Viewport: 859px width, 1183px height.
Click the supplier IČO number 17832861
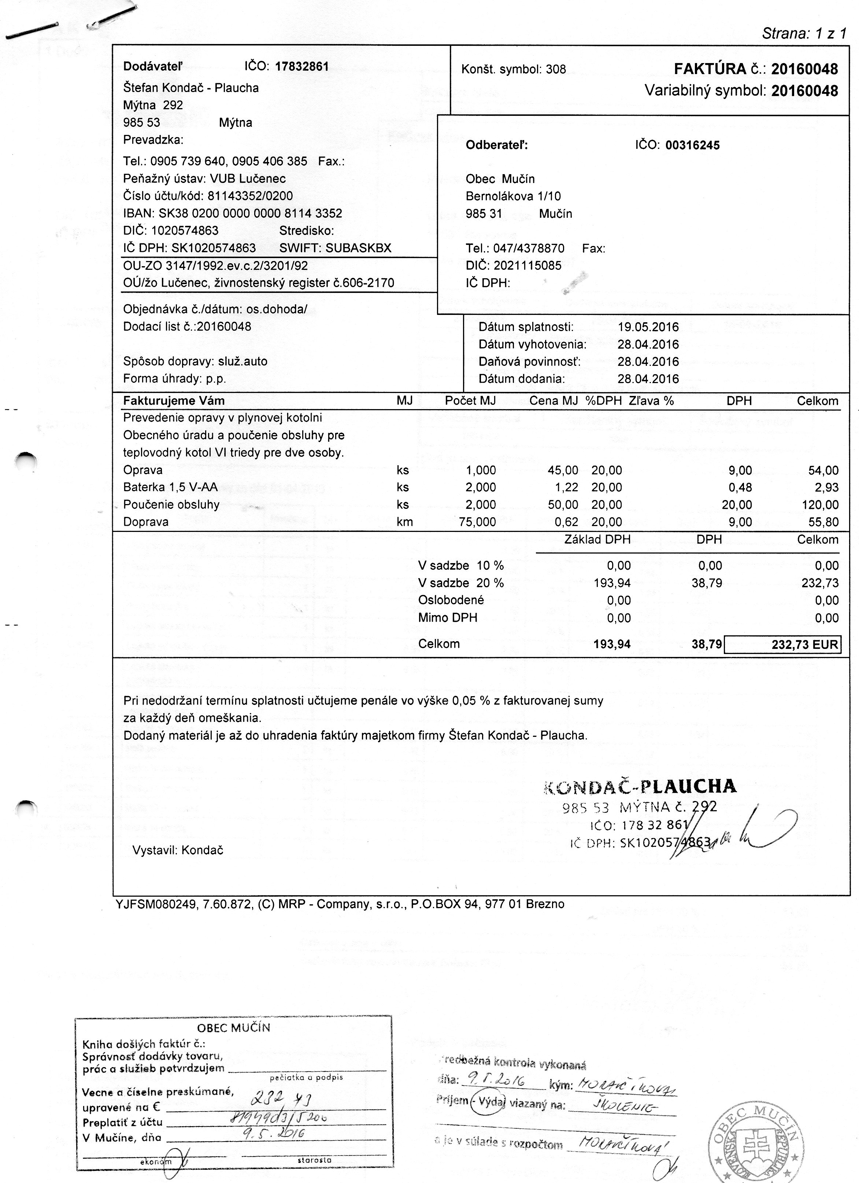point(302,66)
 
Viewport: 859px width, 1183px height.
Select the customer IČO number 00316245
point(693,145)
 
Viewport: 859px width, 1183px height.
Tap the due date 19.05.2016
point(648,327)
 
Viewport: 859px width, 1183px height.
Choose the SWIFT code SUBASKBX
point(358,248)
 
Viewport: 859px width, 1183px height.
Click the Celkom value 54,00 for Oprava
point(823,470)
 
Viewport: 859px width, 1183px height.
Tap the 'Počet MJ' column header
point(470,401)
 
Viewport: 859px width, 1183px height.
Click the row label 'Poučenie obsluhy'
point(171,504)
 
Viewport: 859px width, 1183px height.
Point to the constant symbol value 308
point(556,69)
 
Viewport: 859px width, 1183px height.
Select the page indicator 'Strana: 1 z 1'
point(804,34)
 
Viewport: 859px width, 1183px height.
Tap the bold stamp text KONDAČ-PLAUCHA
point(640,786)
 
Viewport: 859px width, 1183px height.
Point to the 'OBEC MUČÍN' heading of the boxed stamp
point(233,1028)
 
